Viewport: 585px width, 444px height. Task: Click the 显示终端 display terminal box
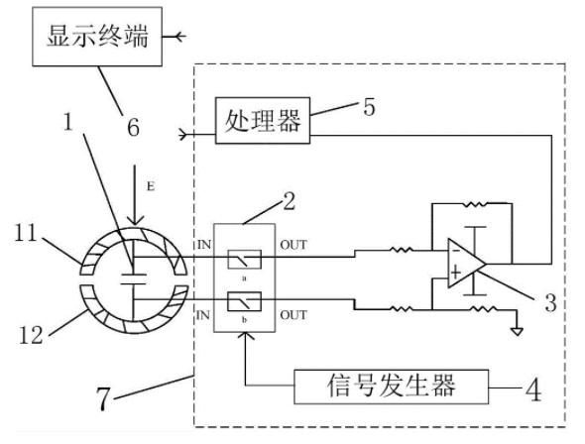click(x=97, y=37)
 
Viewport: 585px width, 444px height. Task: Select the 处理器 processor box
click(x=263, y=120)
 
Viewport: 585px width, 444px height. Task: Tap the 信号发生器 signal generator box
click(x=391, y=387)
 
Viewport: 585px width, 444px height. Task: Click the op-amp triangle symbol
click(x=466, y=264)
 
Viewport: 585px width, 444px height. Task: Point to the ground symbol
click(x=518, y=331)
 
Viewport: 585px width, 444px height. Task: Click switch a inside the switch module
click(x=244, y=260)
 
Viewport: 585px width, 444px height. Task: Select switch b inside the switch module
click(x=244, y=301)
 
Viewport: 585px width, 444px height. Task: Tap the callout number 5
click(x=369, y=107)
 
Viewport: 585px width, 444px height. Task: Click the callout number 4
click(x=533, y=389)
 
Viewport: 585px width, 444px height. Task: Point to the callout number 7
click(x=103, y=398)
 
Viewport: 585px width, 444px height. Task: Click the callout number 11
click(x=26, y=233)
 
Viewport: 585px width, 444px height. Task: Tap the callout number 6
click(x=133, y=127)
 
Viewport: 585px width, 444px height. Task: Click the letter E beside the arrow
click(x=151, y=186)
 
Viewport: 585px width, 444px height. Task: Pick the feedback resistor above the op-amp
click(x=474, y=204)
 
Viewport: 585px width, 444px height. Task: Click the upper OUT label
click(x=293, y=245)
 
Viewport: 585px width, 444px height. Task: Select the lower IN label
click(x=203, y=315)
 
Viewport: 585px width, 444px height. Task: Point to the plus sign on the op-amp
click(x=455, y=273)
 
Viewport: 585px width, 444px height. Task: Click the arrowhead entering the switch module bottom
click(x=245, y=336)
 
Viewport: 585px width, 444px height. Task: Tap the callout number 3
click(x=550, y=302)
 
